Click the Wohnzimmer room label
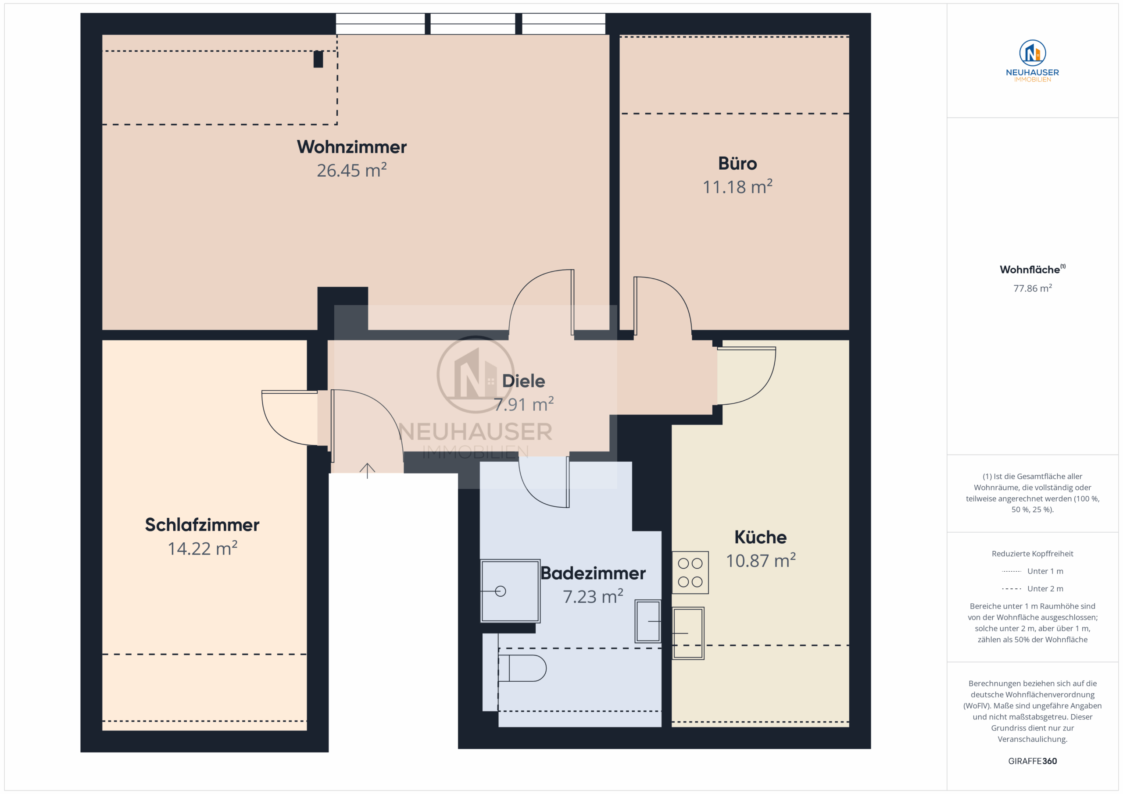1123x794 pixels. tap(352, 147)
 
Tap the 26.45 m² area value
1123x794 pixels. tap(352, 170)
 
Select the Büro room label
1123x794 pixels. tap(737, 163)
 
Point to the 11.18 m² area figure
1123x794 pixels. tap(737, 187)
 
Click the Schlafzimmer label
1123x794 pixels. tap(202, 525)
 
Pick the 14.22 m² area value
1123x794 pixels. tap(203, 548)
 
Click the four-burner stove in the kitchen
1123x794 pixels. tap(690, 573)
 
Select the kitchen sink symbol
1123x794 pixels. tap(688, 633)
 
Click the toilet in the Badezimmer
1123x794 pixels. tap(522, 668)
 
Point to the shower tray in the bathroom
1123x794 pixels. tap(510, 591)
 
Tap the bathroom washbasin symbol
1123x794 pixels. tap(648, 621)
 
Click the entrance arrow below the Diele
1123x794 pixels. tap(367, 470)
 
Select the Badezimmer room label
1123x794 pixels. tap(593, 573)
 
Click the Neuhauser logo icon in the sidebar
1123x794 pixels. tap(1033, 53)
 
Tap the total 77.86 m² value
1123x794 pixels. tap(1033, 288)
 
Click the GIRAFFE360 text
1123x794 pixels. tap(1033, 761)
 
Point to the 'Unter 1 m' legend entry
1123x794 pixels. tap(1033, 571)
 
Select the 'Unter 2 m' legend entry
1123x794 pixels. tap(1033, 589)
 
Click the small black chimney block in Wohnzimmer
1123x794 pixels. tap(318, 59)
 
